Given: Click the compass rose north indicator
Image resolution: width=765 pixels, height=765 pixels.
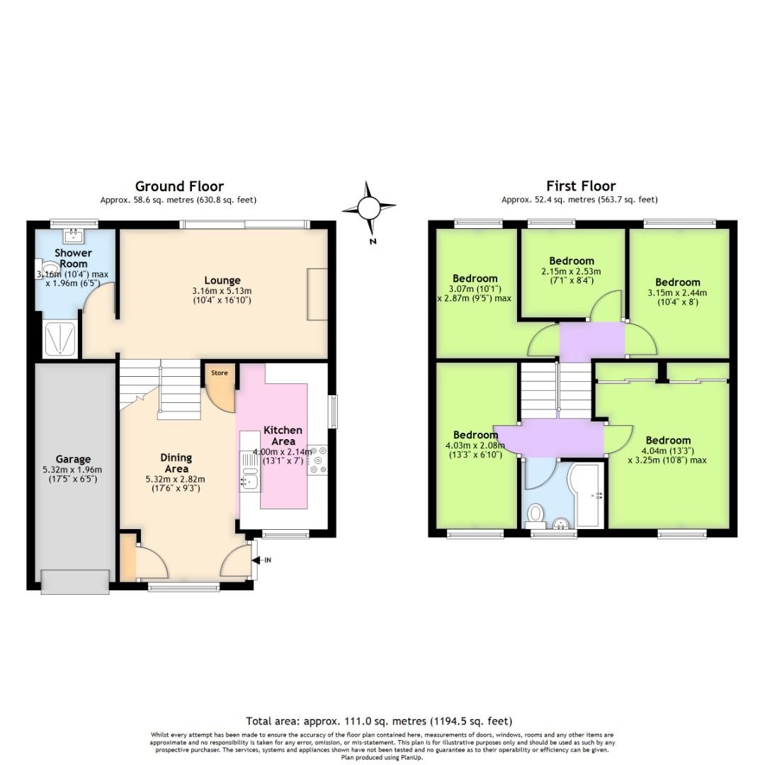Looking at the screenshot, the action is point(369,208).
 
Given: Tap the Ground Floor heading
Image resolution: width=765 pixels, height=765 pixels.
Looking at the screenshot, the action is point(179,186).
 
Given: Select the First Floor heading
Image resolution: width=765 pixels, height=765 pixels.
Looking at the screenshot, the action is point(580,186).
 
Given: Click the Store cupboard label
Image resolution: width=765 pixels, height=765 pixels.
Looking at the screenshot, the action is point(220,373).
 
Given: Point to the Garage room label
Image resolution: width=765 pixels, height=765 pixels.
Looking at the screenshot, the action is point(74,459).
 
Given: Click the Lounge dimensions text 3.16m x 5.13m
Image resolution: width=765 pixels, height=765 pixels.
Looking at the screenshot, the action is point(222,291).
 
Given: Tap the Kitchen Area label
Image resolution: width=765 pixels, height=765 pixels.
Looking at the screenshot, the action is point(283,436).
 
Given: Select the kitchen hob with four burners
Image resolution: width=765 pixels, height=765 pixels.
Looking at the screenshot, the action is point(317,459).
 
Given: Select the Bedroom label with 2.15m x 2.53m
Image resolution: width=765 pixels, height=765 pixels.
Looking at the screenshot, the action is point(572,261).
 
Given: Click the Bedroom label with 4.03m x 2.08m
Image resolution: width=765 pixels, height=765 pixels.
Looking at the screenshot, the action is point(475,435).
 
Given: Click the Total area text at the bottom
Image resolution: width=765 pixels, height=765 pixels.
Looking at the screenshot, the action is point(379,721).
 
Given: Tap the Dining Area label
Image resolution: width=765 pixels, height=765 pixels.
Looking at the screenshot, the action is point(176,463).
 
